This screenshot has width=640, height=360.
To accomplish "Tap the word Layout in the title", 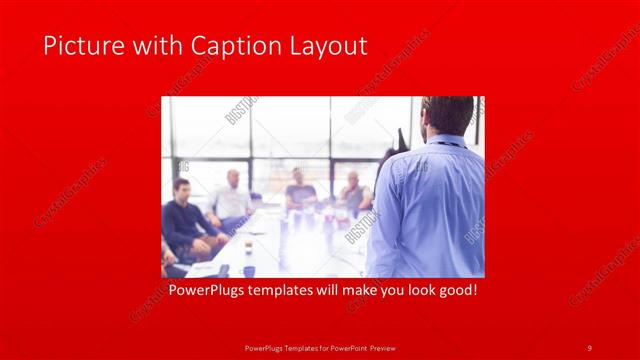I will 330,46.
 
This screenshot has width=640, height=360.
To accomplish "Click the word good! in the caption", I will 456,291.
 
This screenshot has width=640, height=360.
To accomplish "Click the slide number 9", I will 589,347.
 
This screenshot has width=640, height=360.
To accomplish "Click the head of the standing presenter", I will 449,116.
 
